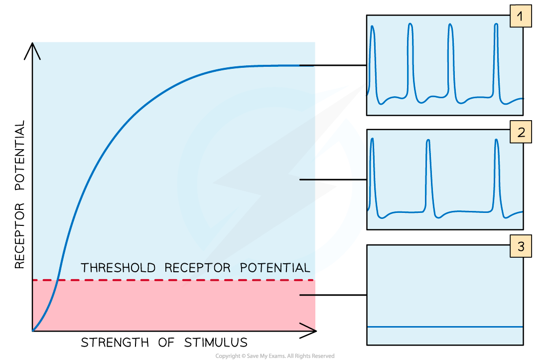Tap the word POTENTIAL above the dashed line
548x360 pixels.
pos(275,268)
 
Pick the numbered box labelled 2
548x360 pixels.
pos(520,133)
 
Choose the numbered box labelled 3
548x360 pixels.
pos(520,247)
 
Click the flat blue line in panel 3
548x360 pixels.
pos(445,327)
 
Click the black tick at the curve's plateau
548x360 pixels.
pos(307,65)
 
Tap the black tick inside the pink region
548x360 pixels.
pos(307,295)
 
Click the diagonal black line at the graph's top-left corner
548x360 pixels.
pos(36,52)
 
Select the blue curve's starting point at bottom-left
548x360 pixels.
pos(33,330)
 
